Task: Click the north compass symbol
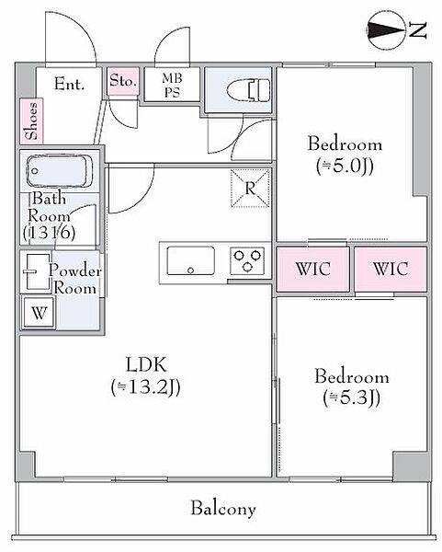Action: (x=386, y=30)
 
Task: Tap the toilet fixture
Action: (x=249, y=90)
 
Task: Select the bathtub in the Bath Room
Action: (x=60, y=171)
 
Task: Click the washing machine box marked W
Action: (x=39, y=312)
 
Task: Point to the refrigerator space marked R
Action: (x=250, y=189)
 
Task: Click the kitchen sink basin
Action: (x=190, y=260)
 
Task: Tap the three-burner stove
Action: (x=247, y=261)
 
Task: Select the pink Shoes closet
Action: (x=31, y=121)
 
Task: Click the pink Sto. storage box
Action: (x=123, y=81)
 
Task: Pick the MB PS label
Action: (x=172, y=85)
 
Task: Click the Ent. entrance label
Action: (x=69, y=84)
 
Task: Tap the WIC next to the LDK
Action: (x=313, y=269)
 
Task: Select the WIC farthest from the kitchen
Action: (x=391, y=269)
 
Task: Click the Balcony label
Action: (x=223, y=509)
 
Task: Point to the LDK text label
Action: (x=146, y=364)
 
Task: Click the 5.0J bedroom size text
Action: (x=345, y=167)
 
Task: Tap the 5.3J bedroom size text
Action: (x=352, y=398)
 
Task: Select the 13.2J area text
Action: (x=145, y=387)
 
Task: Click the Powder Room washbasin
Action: (x=37, y=271)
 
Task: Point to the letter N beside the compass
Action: (x=418, y=30)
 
